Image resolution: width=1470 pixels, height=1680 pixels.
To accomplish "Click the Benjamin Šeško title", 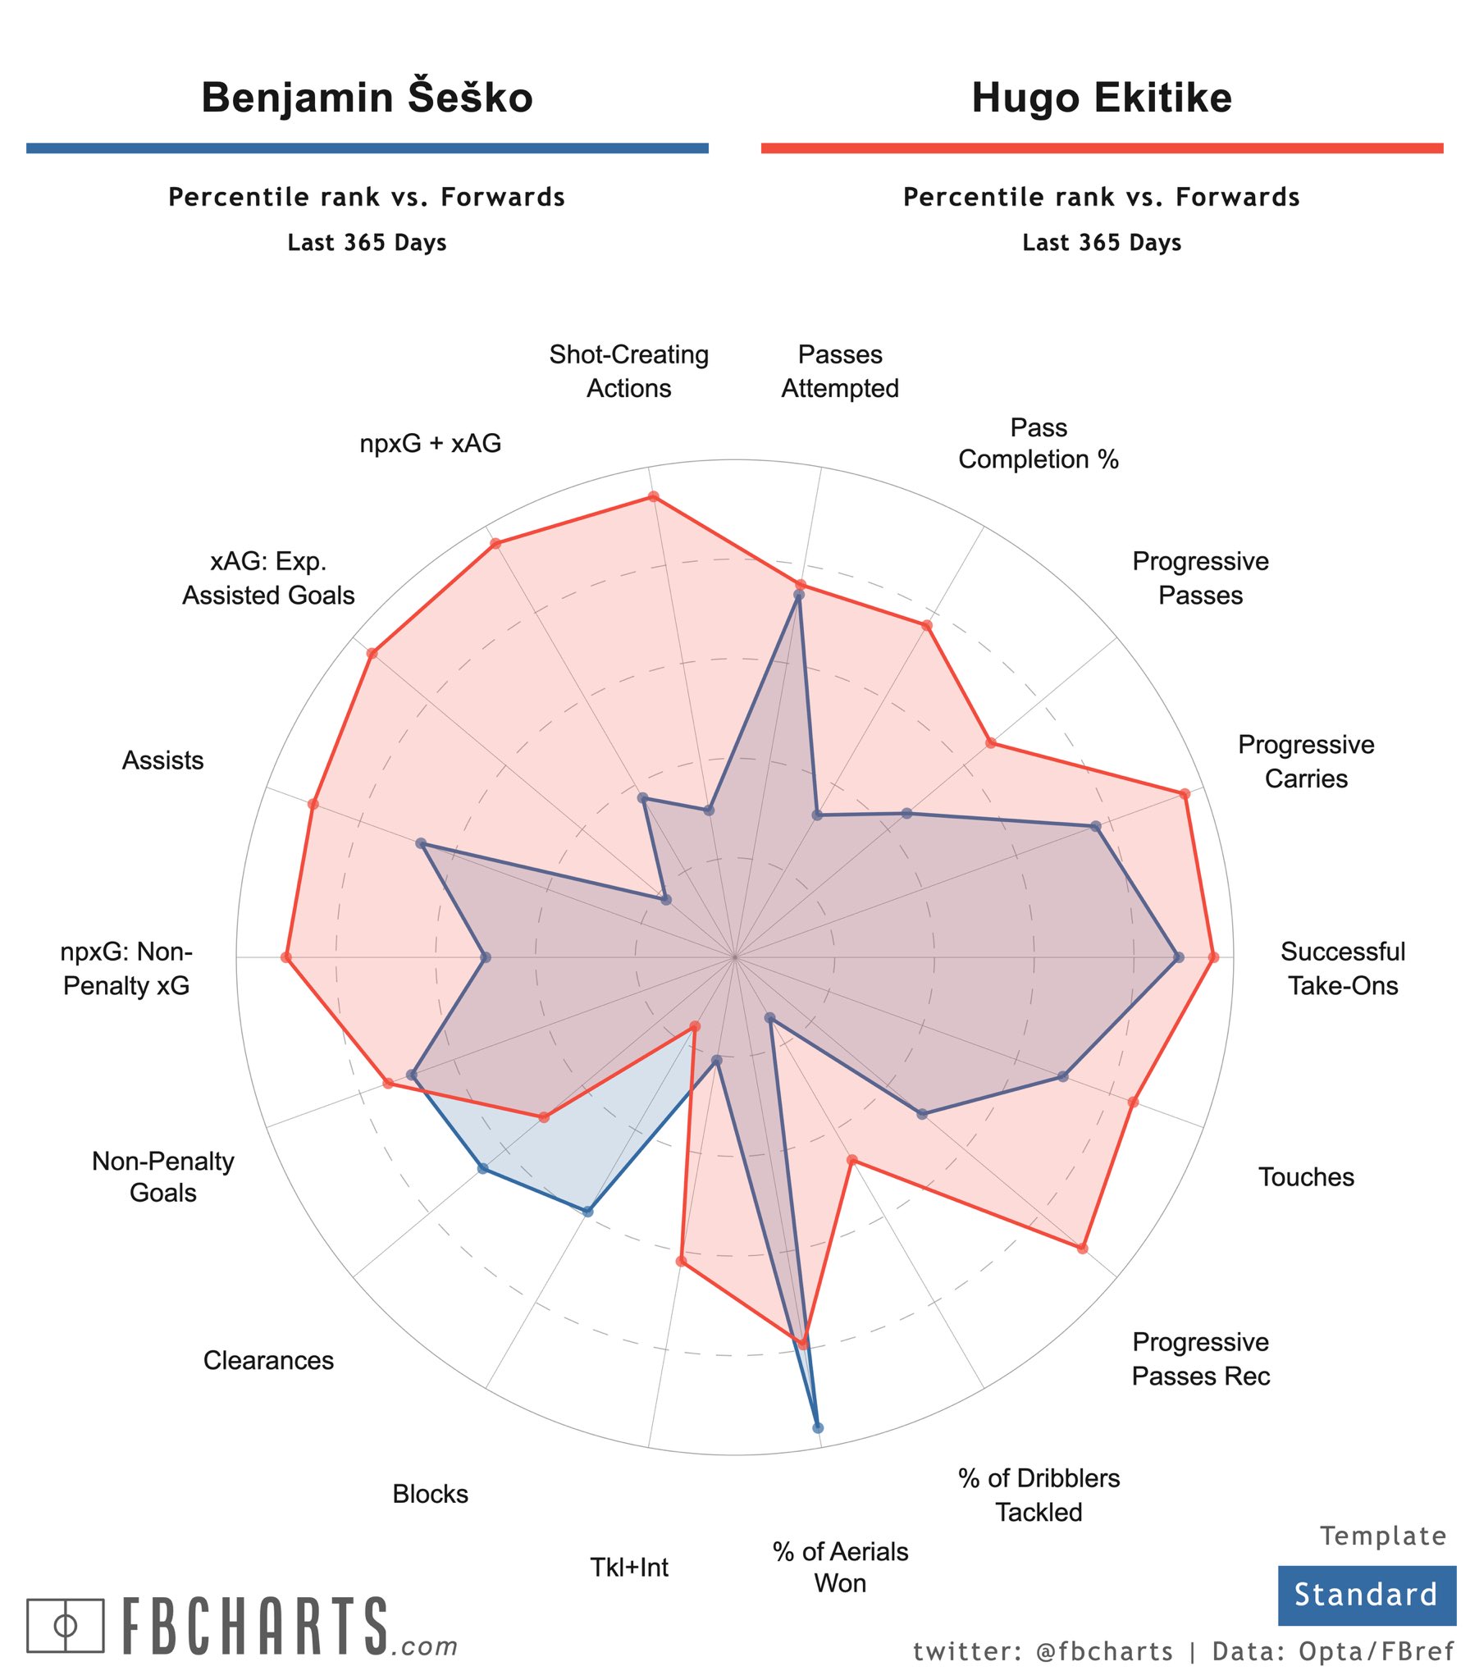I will click(367, 98).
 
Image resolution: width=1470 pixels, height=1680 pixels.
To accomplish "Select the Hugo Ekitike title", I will click(1101, 98).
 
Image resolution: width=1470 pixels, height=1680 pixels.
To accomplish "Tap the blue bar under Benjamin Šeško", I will click(367, 148).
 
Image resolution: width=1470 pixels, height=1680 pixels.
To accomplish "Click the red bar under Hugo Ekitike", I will click(1101, 148).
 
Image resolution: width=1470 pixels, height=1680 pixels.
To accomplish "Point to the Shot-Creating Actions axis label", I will click(628, 371).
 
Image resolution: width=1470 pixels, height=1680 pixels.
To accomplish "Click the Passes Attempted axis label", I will click(839, 371).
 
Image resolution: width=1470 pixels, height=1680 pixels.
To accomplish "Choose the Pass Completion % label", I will click(1038, 443).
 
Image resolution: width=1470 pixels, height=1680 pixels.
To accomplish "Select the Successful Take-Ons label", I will click(1342, 968).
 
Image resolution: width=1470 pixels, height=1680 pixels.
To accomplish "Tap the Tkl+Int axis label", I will click(628, 1567).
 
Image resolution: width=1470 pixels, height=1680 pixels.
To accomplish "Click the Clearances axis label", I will click(268, 1360).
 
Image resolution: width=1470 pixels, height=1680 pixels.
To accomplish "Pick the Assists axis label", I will click(162, 760).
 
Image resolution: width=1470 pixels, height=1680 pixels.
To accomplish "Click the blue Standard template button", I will click(1366, 1595).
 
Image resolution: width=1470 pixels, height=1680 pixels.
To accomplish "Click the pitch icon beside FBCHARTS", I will click(65, 1625).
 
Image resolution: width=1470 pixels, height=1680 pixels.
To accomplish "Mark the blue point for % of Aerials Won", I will click(817, 1427).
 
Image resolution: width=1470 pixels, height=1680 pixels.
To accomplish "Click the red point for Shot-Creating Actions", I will click(653, 496).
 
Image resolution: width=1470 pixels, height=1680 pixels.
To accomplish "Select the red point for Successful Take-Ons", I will click(1213, 957).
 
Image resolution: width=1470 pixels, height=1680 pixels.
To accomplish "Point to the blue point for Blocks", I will click(587, 1211).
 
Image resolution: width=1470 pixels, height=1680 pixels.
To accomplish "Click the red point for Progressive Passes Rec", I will click(1082, 1248).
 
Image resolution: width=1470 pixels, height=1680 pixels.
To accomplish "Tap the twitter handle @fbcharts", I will click(1104, 1651).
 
